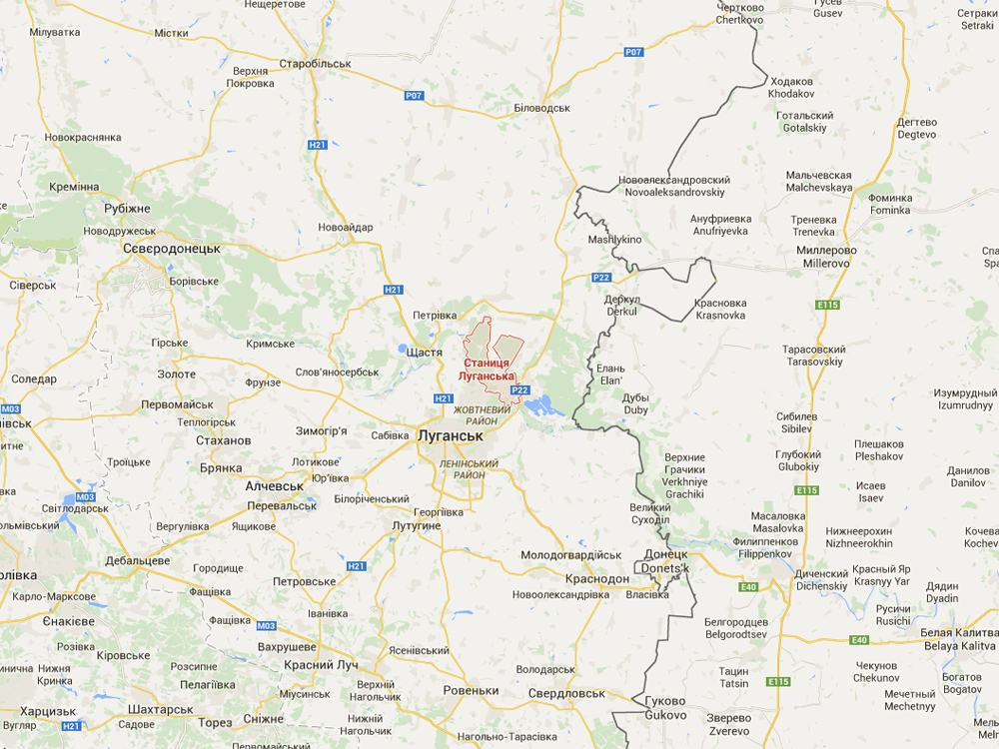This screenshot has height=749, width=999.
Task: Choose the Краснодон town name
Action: coord(597,579)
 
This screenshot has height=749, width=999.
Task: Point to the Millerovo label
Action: coord(826,263)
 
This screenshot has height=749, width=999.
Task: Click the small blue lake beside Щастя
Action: coord(402,351)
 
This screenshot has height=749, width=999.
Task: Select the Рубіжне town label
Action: coord(127,208)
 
